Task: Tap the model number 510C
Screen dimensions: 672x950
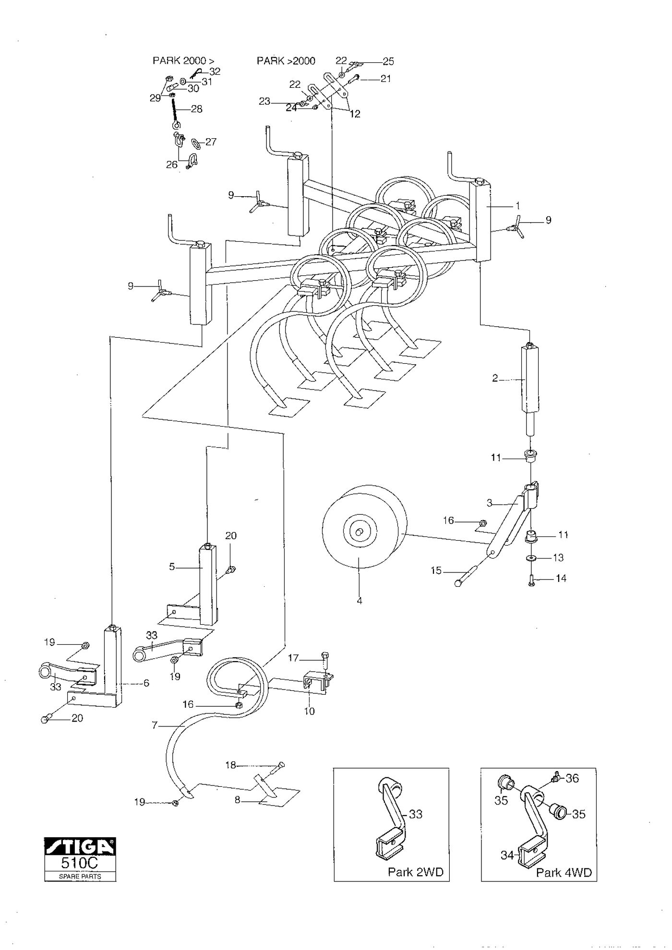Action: (x=80, y=862)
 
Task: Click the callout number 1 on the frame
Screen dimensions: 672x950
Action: (x=518, y=205)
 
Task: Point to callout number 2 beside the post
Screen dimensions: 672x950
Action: (x=495, y=379)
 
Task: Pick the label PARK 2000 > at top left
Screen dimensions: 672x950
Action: (x=184, y=60)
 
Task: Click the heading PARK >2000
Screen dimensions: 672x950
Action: (x=286, y=60)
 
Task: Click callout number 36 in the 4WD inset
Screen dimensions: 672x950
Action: (x=572, y=778)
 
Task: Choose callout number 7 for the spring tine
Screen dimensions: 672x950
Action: (x=155, y=725)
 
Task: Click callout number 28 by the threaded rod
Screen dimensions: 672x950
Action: (x=196, y=109)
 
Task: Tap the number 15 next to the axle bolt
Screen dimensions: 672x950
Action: (x=436, y=571)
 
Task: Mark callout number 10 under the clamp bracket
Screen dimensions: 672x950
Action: (x=310, y=711)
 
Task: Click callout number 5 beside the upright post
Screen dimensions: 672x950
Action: (x=172, y=567)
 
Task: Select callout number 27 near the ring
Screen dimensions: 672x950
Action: (x=211, y=142)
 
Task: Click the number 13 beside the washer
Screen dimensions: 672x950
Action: (x=558, y=558)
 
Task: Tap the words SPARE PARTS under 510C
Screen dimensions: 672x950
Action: (x=80, y=876)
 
